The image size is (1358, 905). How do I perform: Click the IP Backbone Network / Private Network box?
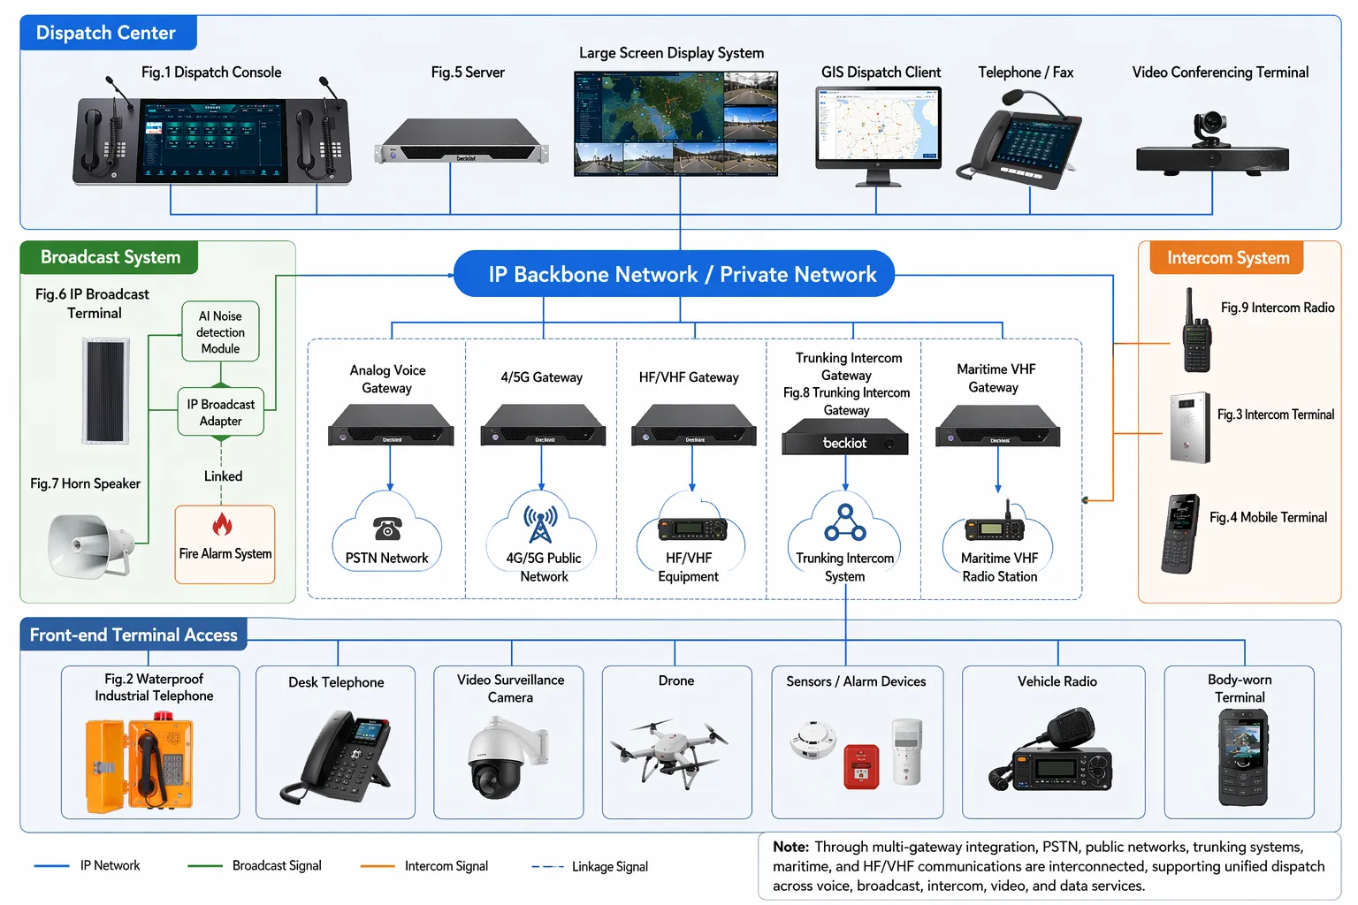point(674,274)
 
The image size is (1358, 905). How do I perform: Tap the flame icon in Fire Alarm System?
point(223,525)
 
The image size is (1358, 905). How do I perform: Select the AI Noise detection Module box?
point(220,332)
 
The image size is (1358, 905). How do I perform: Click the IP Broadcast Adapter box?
point(220,413)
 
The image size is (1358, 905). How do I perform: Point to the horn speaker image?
point(89,544)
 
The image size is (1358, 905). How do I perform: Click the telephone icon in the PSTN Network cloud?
point(387,529)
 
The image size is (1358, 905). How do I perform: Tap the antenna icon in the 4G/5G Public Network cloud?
point(540,524)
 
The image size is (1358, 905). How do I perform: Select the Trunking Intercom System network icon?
point(845,522)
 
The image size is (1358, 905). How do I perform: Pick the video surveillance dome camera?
point(501,757)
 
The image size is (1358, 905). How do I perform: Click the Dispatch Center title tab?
point(107,33)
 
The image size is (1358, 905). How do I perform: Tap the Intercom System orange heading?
point(1227,258)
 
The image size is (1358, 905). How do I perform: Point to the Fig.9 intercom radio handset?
point(1196,335)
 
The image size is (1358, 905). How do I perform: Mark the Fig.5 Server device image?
point(462,143)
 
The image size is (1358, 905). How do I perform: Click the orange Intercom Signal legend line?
point(378,866)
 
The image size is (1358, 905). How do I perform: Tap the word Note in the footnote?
point(790,847)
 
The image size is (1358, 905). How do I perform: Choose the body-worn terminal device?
point(1242,758)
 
